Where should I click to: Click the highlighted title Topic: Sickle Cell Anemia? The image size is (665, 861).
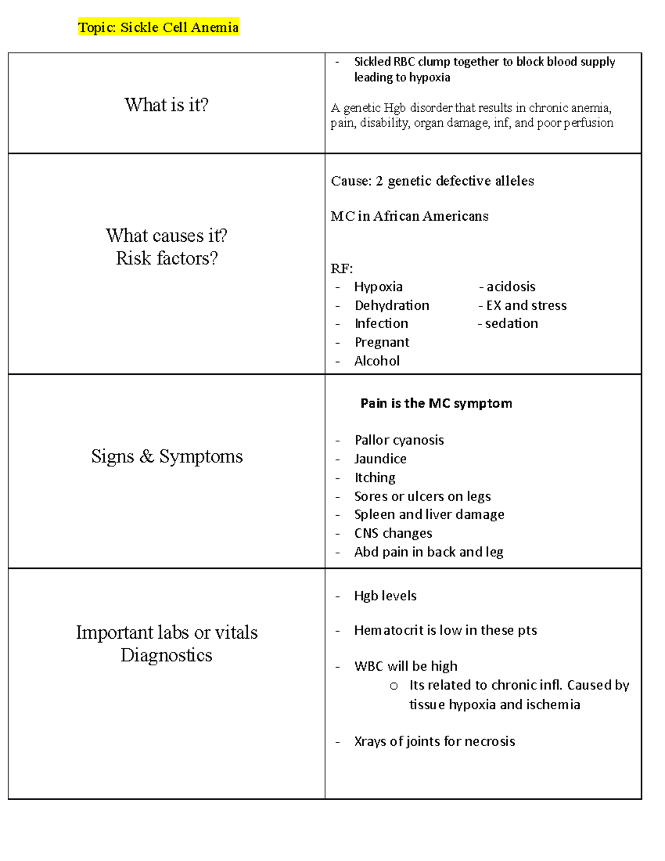click(x=158, y=27)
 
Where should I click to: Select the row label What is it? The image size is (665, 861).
click(x=166, y=105)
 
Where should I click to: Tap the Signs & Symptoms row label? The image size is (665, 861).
click(x=167, y=456)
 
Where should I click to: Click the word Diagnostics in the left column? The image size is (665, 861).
click(x=166, y=655)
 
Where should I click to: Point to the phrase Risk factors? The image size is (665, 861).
click(x=166, y=258)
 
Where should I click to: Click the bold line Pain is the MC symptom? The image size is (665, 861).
click(x=436, y=403)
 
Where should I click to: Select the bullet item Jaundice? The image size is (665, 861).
click(x=380, y=458)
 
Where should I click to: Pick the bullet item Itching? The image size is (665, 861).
click(x=375, y=477)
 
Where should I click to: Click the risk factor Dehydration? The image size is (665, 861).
click(x=392, y=305)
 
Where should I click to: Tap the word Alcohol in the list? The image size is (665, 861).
click(x=377, y=361)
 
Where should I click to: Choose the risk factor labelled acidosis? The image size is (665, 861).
click(x=510, y=287)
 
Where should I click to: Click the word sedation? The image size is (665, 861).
click(x=511, y=323)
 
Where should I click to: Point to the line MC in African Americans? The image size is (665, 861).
click(x=410, y=216)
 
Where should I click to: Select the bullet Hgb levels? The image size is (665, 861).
click(x=385, y=596)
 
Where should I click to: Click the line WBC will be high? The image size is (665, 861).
click(x=406, y=666)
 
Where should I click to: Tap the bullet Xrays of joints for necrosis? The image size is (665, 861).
click(x=434, y=741)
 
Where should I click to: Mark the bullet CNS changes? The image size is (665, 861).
click(x=393, y=533)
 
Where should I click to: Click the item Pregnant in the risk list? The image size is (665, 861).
click(x=382, y=342)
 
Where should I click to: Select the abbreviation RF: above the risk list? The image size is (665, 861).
click(x=341, y=269)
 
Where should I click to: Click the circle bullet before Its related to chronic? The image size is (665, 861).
click(x=393, y=686)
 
